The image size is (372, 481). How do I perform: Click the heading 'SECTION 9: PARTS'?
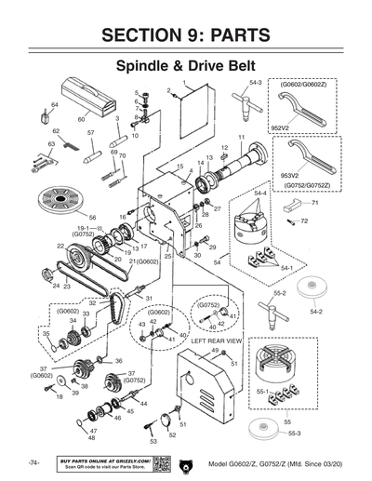186,35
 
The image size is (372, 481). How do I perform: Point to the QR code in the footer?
160,462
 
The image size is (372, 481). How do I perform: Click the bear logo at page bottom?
189,462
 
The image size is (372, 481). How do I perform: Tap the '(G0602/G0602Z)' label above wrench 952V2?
303,85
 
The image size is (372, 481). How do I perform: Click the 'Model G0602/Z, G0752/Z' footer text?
276,462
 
